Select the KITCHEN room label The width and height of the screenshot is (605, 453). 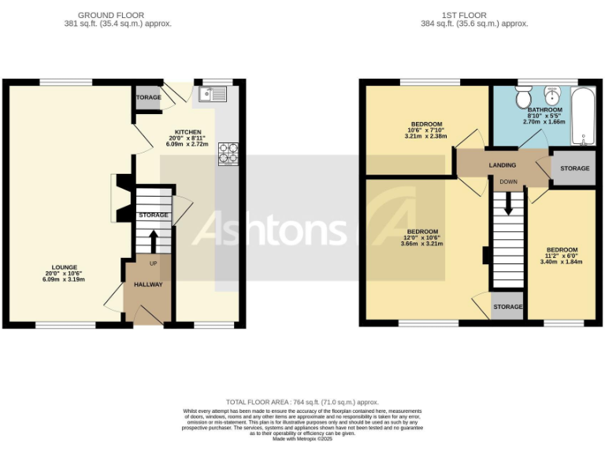click(187, 132)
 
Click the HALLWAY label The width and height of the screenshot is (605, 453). click(147, 285)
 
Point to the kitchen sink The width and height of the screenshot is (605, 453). click(212, 94)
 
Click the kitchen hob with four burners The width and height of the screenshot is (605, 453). click(228, 153)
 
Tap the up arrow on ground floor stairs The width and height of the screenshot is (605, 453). click(154, 239)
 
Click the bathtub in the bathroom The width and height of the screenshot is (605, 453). click(584, 116)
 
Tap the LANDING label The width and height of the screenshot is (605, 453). click(503, 165)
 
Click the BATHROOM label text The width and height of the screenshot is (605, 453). click(544, 110)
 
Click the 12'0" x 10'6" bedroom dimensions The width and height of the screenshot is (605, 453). click(422, 238)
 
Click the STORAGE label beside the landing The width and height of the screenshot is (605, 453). click(574, 169)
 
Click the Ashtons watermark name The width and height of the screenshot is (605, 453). click(269, 230)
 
